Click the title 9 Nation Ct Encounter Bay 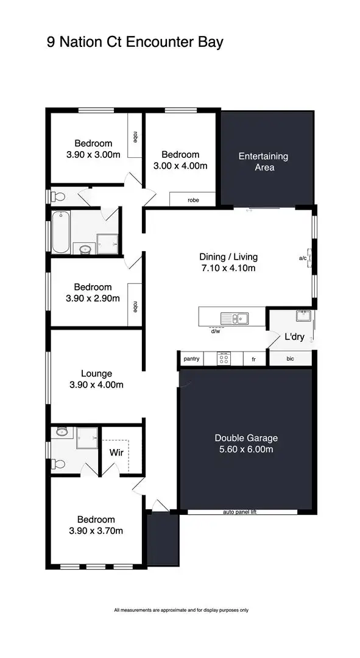[135, 42]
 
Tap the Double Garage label [246, 444]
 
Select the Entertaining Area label [263, 161]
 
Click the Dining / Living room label [228, 262]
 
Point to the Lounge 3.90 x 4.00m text [96, 379]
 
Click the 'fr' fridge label [253, 359]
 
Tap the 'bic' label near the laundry [290, 359]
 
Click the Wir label [117, 453]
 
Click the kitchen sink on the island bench [234, 317]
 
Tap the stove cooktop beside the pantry [223, 359]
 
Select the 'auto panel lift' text [241, 512]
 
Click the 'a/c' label [303, 258]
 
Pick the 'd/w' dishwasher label [215, 332]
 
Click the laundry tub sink [303, 316]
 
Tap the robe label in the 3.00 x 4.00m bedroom [193, 200]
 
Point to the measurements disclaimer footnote [181, 610]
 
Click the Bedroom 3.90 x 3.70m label [96, 525]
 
